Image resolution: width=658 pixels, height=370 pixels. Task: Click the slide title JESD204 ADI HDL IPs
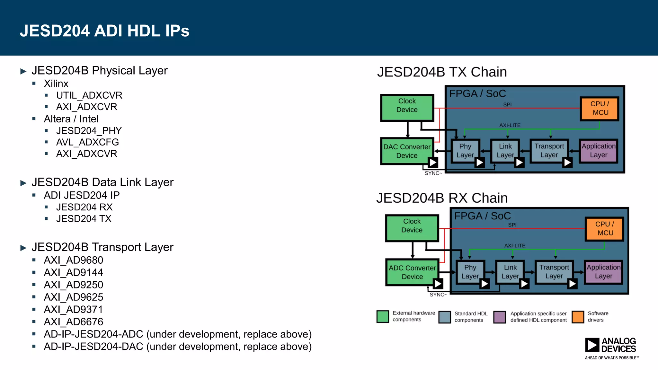(104, 31)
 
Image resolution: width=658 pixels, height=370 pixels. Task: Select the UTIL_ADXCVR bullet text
(89, 95)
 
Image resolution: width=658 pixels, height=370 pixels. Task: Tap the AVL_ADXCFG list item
(87, 142)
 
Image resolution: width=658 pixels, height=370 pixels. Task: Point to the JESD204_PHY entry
(89, 131)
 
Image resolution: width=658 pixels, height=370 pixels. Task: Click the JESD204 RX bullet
(84, 207)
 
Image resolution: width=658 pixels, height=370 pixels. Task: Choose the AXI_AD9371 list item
(73, 309)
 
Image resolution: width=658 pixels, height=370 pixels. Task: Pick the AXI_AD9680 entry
(73, 260)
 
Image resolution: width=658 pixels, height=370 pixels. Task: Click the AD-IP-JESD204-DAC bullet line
(177, 347)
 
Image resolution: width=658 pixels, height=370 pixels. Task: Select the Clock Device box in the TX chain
(407, 107)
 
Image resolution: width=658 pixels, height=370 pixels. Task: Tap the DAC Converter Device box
(406, 151)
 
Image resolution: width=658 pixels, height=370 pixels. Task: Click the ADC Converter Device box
(412, 272)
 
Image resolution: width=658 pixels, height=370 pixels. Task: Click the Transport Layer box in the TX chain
(549, 150)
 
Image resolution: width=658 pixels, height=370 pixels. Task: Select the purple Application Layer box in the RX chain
(603, 272)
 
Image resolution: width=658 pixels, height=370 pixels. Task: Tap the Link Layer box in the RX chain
(510, 272)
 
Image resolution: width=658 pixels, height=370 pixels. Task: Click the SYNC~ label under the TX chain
(433, 173)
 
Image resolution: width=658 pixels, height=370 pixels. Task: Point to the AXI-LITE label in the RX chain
(515, 246)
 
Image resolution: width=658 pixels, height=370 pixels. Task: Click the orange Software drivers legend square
(578, 317)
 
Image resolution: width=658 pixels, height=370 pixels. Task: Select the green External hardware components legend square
(382, 316)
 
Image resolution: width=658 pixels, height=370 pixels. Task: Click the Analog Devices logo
(610, 348)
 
